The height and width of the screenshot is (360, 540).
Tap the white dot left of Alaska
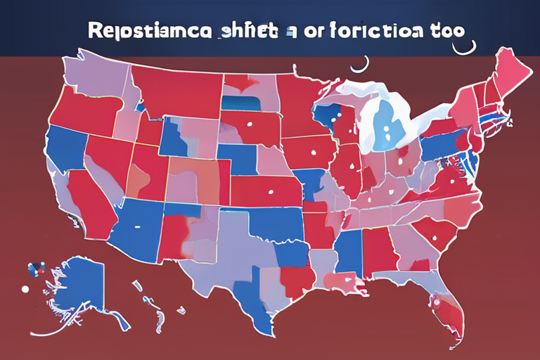[x=25, y=288]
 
